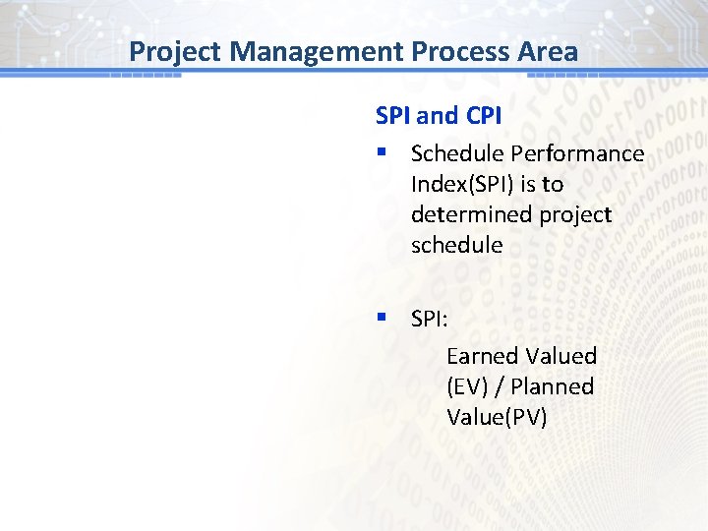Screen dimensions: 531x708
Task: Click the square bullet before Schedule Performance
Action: click(x=381, y=153)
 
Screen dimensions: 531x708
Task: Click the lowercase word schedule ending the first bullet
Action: click(x=456, y=245)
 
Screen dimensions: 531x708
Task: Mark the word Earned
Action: click(x=482, y=356)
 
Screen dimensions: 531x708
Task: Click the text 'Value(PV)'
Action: click(x=497, y=417)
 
